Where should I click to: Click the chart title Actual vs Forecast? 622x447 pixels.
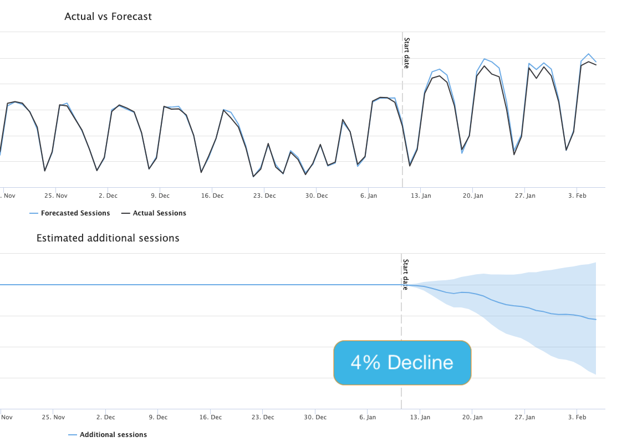click(x=108, y=17)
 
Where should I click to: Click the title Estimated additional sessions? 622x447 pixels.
click(x=108, y=238)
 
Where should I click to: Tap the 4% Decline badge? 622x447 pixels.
click(x=402, y=363)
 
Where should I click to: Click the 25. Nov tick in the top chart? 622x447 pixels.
click(x=56, y=196)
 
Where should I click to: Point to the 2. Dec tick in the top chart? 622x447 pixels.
click(x=108, y=196)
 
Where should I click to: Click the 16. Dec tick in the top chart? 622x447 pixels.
click(x=212, y=196)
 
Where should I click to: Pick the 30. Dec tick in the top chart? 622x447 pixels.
click(x=317, y=196)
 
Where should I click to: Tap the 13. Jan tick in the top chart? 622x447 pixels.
click(x=421, y=196)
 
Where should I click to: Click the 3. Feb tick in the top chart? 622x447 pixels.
click(x=578, y=196)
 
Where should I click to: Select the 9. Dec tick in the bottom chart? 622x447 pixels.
click(x=158, y=417)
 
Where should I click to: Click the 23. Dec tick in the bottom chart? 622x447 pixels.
click(x=262, y=417)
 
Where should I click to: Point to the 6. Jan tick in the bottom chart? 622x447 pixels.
click(x=368, y=417)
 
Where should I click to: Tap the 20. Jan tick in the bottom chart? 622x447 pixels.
click(x=472, y=417)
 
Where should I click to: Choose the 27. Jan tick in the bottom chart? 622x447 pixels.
click(x=524, y=417)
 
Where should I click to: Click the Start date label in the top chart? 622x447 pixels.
click(x=406, y=53)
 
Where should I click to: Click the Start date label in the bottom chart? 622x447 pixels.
click(x=405, y=274)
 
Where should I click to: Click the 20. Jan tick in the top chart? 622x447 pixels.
click(x=473, y=196)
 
